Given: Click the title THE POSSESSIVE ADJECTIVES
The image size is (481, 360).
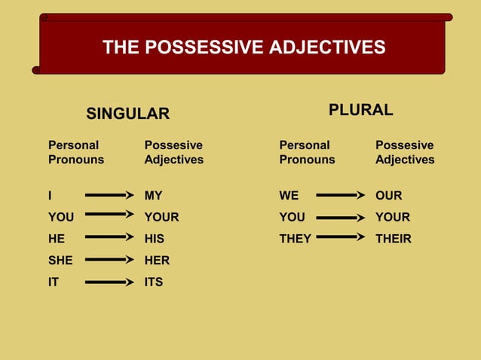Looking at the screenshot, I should (x=244, y=48).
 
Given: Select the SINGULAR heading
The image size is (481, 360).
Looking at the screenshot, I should (x=127, y=114).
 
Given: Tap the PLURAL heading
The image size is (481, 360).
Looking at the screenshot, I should (x=360, y=110).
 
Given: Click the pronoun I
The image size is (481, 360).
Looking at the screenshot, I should (x=51, y=196).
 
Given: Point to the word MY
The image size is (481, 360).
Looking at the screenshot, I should (x=153, y=196).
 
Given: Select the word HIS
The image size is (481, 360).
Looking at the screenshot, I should (x=154, y=239).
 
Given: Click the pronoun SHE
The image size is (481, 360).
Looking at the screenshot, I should (x=60, y=261).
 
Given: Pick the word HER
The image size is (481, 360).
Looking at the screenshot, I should (x=157, y=261).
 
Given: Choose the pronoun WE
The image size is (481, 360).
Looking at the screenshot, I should (x=289, y=196).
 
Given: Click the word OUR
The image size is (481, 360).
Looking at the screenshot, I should (x=388, y=196).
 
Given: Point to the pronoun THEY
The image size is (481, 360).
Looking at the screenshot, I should (x=295, y=239).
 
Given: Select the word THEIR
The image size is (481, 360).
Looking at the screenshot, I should (x=393, y=239).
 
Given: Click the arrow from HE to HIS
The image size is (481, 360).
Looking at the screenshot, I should (x=109, y=237).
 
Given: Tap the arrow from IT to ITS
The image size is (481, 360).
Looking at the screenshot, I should (x=109, y=282).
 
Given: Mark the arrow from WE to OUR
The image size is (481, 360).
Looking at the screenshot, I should (x=340, y=195).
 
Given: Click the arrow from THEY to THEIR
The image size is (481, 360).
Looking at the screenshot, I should (x=340, y=237).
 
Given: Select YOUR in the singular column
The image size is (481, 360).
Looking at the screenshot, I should (x=161, y=217).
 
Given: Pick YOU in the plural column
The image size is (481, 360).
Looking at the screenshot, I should (x=292, y=217).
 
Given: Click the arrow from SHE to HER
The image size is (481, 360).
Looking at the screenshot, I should (x=109, y=260).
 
